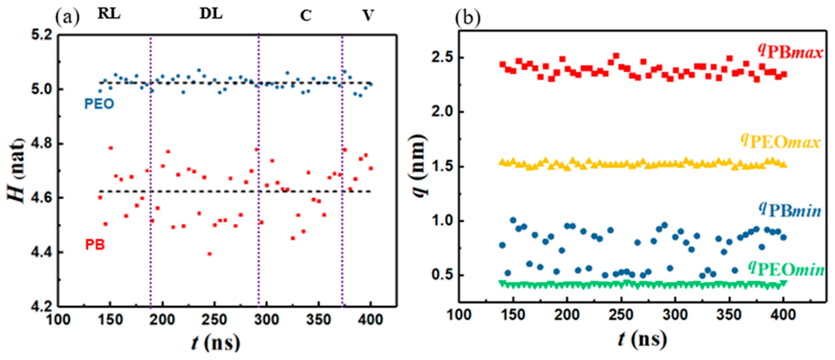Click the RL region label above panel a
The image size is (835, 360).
pos(109,14)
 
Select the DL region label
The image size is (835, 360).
pos(211,14)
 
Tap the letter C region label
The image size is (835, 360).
pos(306,16)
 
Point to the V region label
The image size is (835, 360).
pos(368,15)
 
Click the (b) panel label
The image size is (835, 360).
pos(467,18)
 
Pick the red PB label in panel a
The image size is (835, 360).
pos(95,245)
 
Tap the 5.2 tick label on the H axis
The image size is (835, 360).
pos(42,35)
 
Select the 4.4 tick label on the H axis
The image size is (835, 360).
pos(42,252)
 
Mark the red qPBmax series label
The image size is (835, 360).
pos(791,52)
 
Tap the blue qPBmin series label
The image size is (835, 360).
pos(790,210)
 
